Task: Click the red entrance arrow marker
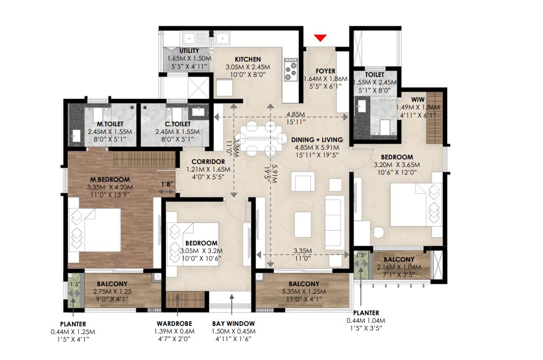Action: [320, 38]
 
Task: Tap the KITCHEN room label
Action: [248, 59]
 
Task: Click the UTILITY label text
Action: [189, 51]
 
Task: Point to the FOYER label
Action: [326, 71]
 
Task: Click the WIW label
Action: [418, 99]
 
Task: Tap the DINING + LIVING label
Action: [317, 140]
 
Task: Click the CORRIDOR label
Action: [208, 162]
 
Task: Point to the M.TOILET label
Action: [110, 124]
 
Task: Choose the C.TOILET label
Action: [178, 124]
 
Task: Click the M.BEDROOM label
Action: [110, 179]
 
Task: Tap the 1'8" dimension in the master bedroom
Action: [167, 184]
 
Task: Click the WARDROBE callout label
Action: [174, 324]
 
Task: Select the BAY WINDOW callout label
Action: [234, 324]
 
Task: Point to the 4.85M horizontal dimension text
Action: [295, 115]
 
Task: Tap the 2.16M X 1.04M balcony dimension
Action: [399, 267]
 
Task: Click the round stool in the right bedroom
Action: [379, 232]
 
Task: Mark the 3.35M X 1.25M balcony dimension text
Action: [304, 292]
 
